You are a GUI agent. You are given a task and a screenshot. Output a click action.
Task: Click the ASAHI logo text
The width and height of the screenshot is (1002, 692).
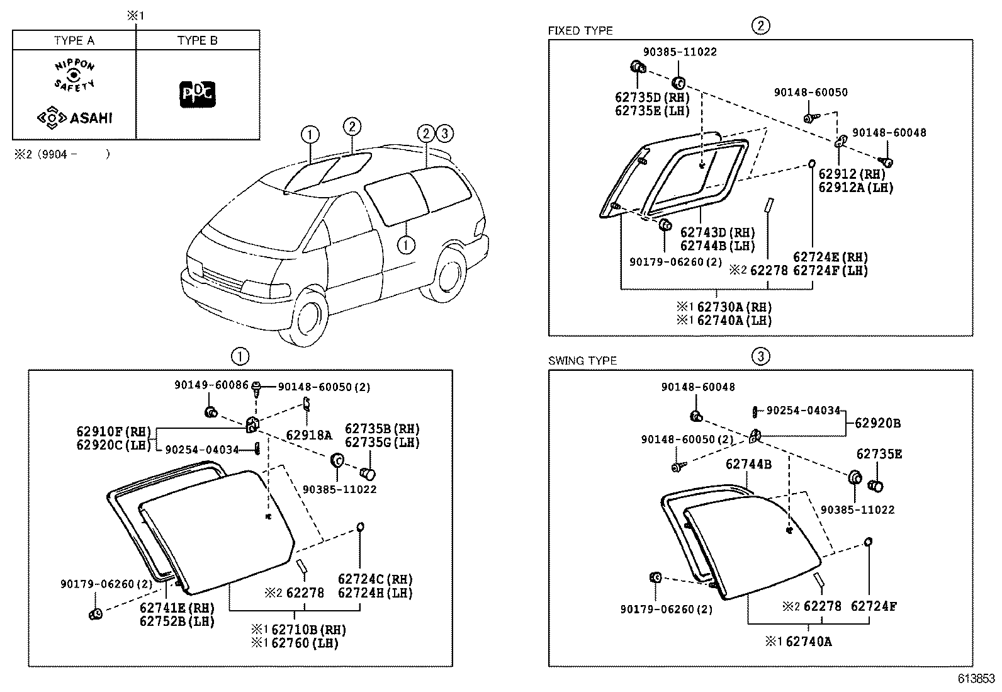coord(90,118)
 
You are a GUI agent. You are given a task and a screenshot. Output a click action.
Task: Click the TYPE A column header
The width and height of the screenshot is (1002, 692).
coord(74,41)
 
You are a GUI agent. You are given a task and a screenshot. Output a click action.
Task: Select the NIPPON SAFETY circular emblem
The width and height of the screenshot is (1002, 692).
coord(74,76)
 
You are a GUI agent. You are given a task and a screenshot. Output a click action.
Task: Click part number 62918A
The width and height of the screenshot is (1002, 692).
coord(308,434)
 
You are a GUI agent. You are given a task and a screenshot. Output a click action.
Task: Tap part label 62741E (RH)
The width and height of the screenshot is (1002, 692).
coord(177,608)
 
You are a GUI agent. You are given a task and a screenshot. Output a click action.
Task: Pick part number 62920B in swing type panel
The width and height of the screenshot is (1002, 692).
coord(877,423)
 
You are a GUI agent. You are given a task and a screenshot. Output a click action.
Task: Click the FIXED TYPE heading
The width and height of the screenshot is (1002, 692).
coord(580,31)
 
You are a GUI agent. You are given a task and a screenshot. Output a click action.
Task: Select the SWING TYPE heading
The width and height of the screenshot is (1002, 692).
coord(582,361)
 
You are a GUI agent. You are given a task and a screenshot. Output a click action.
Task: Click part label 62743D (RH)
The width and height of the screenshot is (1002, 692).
coord(718,233)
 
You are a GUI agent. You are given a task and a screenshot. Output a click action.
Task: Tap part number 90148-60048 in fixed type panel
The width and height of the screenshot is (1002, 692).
coord(889,133)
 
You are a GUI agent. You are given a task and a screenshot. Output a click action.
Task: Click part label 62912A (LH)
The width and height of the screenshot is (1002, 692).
coord(855,187)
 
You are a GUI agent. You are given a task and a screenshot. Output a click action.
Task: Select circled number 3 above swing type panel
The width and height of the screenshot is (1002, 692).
coord(760,356)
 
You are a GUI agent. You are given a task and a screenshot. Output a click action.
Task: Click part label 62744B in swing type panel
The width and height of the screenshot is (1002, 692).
coord(748,464)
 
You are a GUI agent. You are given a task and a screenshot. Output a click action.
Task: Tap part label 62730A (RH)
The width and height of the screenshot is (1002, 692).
coord(733,307)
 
